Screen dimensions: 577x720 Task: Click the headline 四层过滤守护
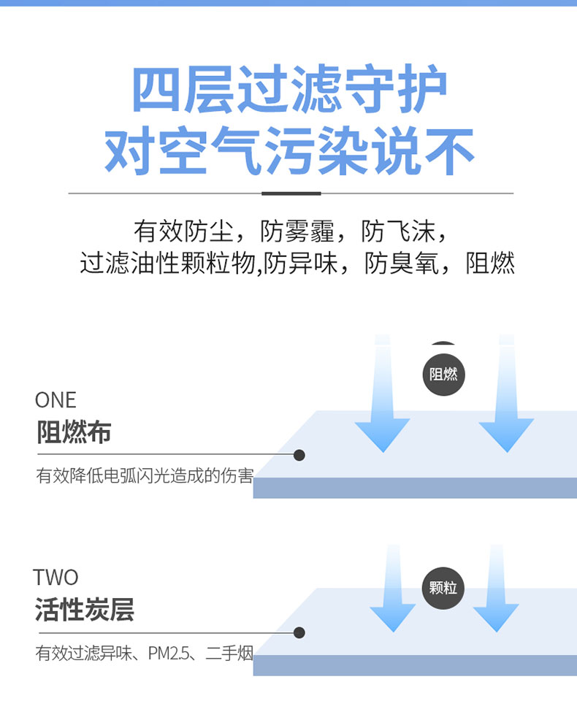(289, 90)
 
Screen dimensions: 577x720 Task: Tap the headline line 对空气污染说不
(289, 151)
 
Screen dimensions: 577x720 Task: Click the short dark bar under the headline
(291, 194)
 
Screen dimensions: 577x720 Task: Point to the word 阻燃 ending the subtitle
(490, 263)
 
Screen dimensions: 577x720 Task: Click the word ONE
(56, 400)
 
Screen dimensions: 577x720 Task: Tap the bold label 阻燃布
(74, 432)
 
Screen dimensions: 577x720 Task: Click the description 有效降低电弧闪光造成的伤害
(145, 477)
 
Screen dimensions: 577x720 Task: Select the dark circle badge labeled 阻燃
(443, 375)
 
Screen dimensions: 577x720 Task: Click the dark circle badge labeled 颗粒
(443, 588)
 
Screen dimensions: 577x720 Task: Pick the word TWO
(56, 578)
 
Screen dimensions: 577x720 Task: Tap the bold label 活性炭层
(84, 610)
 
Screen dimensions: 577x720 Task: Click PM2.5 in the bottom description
(170, 654)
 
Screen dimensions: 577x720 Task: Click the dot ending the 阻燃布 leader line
(299, 455)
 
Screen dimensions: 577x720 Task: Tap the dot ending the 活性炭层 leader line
(299, 632)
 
